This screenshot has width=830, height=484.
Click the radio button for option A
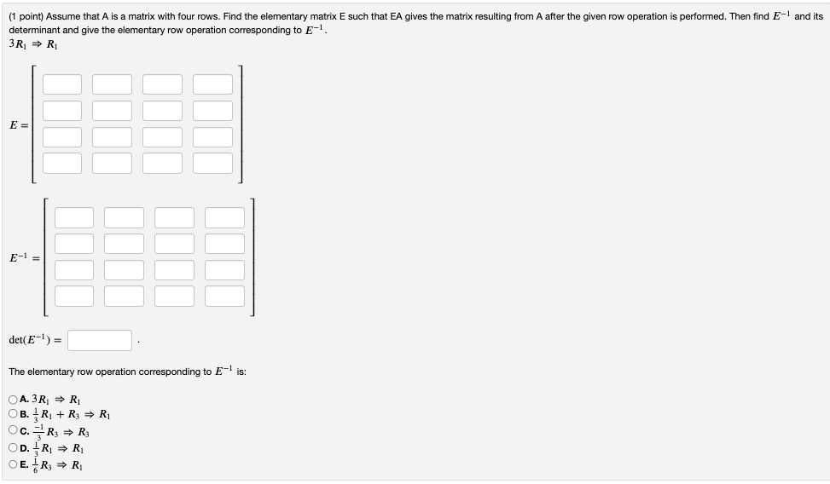tap(13, 399)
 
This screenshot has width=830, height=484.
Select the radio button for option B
tap(13, 415)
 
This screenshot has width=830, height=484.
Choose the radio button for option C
tap(13, 431)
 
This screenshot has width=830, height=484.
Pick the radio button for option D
tap(13, 447)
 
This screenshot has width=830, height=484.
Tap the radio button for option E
tap(13, 464)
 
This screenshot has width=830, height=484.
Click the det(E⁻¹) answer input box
tap(101, 341)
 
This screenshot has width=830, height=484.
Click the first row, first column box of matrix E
tap(62, 84)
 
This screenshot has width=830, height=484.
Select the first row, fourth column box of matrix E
tap(212, 84)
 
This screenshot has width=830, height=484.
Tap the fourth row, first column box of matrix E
tap(62, 163)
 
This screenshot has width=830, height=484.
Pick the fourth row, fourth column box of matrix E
tap(212, 163)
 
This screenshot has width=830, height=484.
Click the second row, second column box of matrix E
tap(113, 111)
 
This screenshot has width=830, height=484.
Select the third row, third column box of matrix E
tap(162, 136)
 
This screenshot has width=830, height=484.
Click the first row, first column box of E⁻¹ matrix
tap(74, 218)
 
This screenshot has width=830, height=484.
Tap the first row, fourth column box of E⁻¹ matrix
tap(224, 218)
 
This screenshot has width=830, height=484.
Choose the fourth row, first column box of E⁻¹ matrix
tap(74, 296)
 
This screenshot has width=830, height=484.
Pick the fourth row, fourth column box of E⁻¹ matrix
tap(224, 296)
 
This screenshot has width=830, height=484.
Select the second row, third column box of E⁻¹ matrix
tap(174, 244)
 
